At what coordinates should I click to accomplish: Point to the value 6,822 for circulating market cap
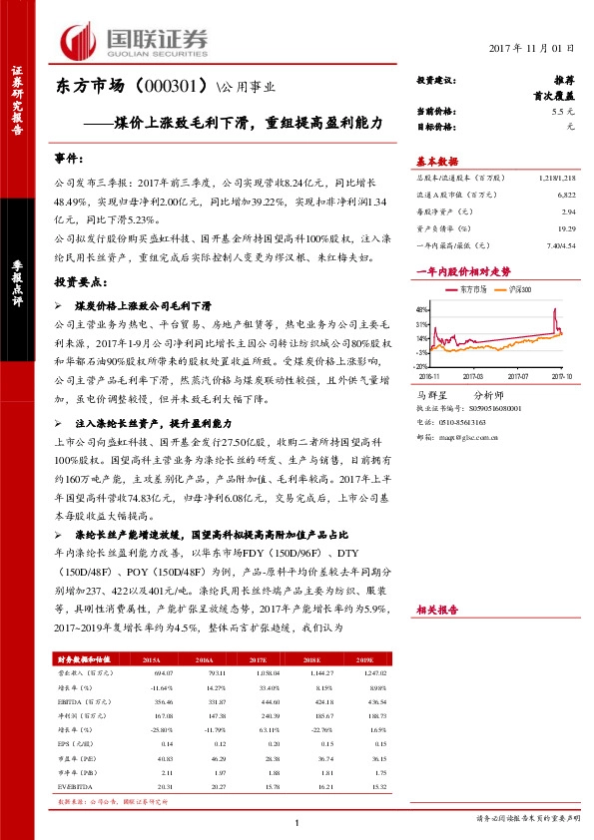567,198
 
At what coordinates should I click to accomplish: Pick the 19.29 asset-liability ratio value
567,227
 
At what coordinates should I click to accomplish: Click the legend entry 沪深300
518,288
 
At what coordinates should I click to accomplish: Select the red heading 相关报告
436,609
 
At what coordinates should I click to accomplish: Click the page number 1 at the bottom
297,821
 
